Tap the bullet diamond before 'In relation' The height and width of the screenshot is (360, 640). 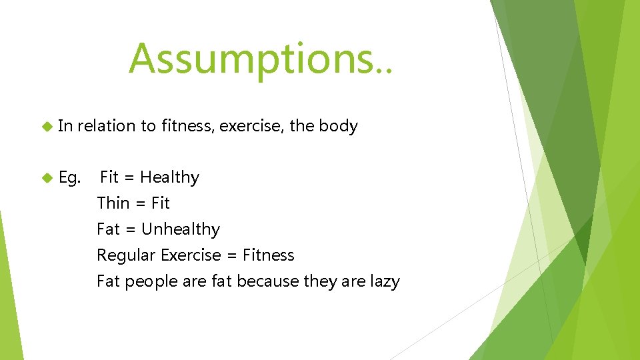(47, 126)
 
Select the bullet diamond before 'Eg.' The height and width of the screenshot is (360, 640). (47, 177)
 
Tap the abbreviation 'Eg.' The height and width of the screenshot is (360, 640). (70, 178)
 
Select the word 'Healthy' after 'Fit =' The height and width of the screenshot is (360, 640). (169, 178)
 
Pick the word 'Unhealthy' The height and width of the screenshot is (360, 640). (180, 229)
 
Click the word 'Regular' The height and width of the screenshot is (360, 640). (125, 255)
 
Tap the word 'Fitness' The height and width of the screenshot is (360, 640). (268, 255)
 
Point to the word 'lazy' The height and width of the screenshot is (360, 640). (385, 281)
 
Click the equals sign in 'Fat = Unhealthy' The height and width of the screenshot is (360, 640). (131, 229)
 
